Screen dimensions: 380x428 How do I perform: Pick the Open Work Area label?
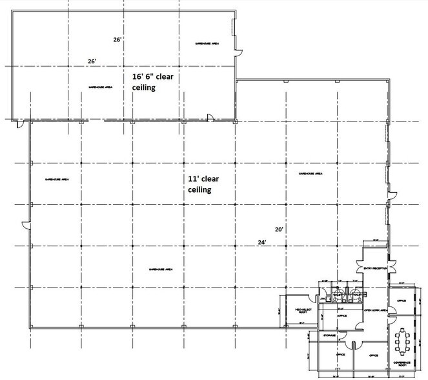pyautogui.click(x=375, y=310)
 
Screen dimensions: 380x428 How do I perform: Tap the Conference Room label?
pyautogui.click(x=404, y=364)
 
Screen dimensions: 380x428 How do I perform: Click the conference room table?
pyautogui.click(x=405, y=341)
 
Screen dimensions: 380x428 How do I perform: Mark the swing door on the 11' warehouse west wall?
pyautogui.click(x=26, y=224)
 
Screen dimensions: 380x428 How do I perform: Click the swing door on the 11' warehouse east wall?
pyautogui.click(x=391, y=193)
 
